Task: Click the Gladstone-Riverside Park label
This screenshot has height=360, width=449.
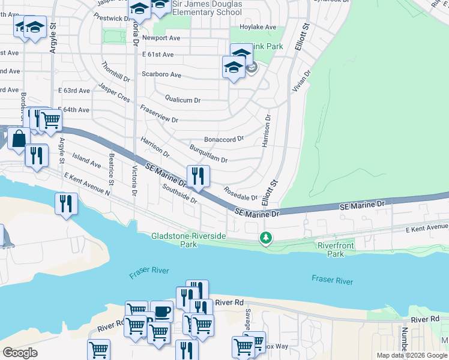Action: [x=188, y=240]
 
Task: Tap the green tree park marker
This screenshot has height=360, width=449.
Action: [x=265, y=238]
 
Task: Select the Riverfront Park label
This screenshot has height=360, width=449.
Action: [x=336, y=250]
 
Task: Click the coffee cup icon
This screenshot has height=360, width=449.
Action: [x=161, y=311]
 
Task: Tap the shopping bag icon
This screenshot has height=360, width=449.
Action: [x=19, y=138]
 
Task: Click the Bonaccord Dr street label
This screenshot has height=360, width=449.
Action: [x=223, y=138]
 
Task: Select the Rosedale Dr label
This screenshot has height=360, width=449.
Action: [x=240, y=193]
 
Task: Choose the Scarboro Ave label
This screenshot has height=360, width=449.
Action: [x=161, y=75]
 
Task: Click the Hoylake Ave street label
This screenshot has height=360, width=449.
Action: [x=258, y=27]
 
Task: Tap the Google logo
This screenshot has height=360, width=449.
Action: [x=20, y=353]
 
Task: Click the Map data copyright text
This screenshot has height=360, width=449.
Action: [x=411, y=355]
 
